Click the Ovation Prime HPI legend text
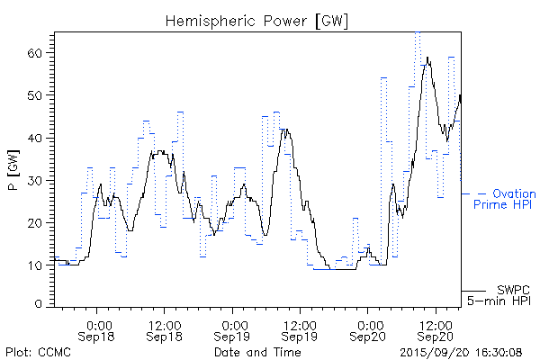pyautogui.click(x=505, y=199)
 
